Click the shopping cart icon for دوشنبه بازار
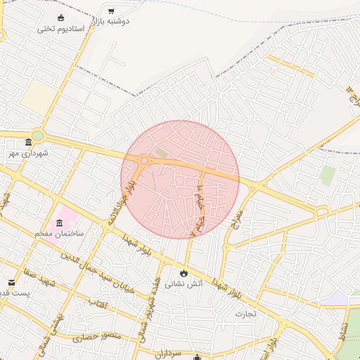111,11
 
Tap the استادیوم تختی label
60,29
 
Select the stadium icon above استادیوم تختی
58,18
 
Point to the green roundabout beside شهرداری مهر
37,136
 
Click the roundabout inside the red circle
144,161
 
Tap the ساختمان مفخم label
60,233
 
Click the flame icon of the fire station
184,273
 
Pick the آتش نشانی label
184,284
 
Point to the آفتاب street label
97,303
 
